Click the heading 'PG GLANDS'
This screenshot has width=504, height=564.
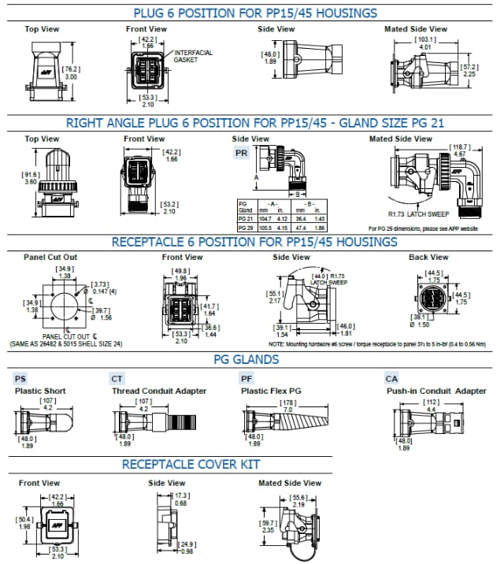(x=246, y=359)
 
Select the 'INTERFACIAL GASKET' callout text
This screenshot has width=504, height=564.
(x=192, y=53)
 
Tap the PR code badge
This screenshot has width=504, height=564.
(x=242, y=153)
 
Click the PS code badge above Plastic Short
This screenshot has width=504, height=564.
(x=20, y=378)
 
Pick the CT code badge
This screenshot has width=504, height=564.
(x=118, y=378)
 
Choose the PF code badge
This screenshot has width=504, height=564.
(x=246, y=378)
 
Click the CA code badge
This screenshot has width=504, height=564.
(x=391, y=378)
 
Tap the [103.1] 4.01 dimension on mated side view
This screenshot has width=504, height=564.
(x=425, y=43)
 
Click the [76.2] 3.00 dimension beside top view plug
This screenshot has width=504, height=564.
(x=70, y=72)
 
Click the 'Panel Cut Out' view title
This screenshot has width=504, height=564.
(x=50, y=258)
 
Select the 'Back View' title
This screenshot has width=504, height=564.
(x=428, y=258)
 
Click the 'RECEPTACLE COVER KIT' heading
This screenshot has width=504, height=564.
(x=191, y=465)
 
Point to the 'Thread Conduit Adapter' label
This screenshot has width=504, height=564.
(x=159, y=391)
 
